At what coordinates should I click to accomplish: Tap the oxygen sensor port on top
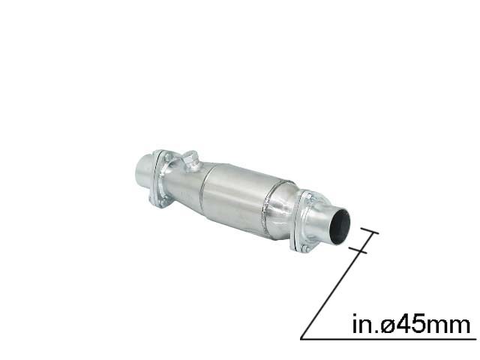pos(190,159)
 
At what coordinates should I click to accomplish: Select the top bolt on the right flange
pos(307,196)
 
